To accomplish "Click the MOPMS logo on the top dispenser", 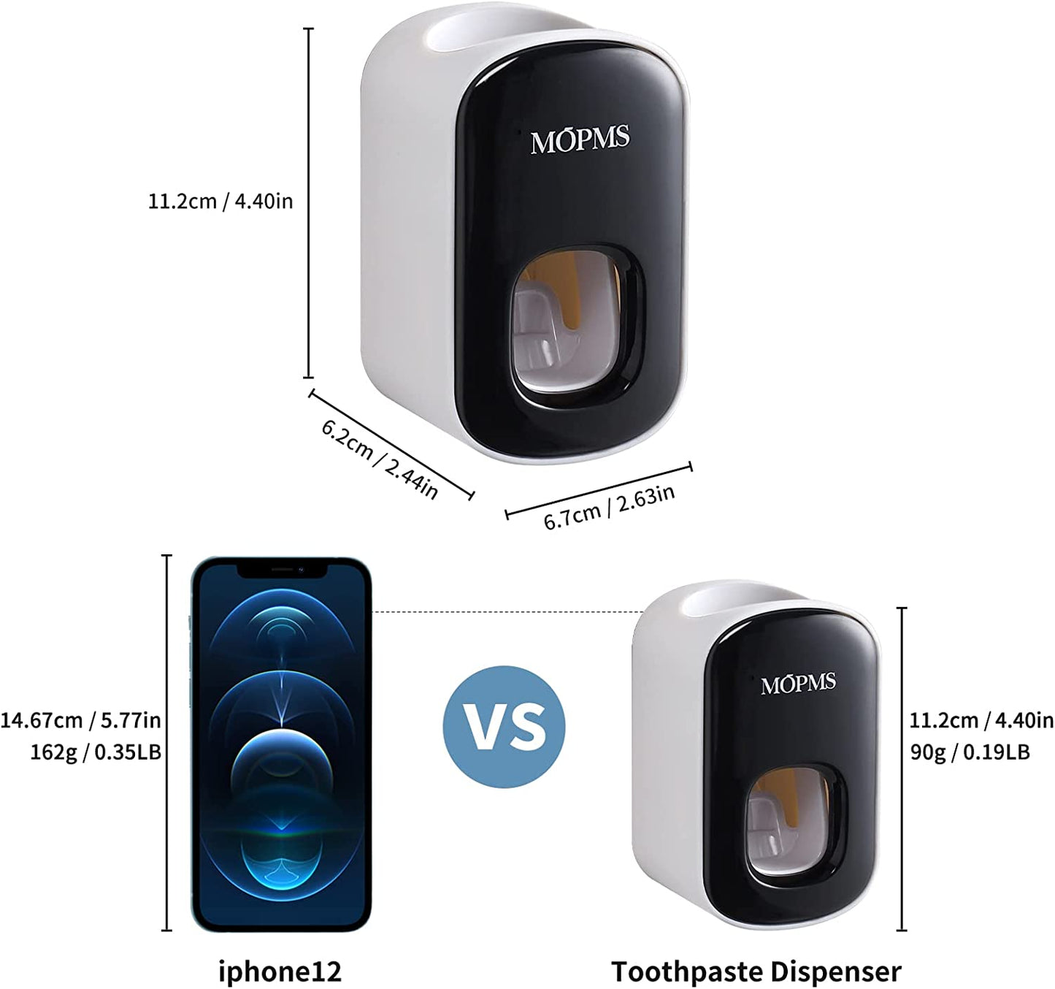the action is pos(580,140).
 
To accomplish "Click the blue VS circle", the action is pos(504,727).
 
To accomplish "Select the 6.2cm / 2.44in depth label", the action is pos(380,459).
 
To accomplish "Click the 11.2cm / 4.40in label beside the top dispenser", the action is pos(220,202).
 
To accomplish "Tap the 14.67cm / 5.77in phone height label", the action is pos(81,720).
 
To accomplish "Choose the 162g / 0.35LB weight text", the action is pos(96,752).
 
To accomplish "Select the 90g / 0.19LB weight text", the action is pos(970,752).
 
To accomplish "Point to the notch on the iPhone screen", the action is pos(282,570).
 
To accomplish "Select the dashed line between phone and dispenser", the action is pos(507,612).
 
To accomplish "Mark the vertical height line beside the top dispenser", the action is pos(308,202).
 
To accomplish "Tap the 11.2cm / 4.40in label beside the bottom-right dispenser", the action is pos(982,720).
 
